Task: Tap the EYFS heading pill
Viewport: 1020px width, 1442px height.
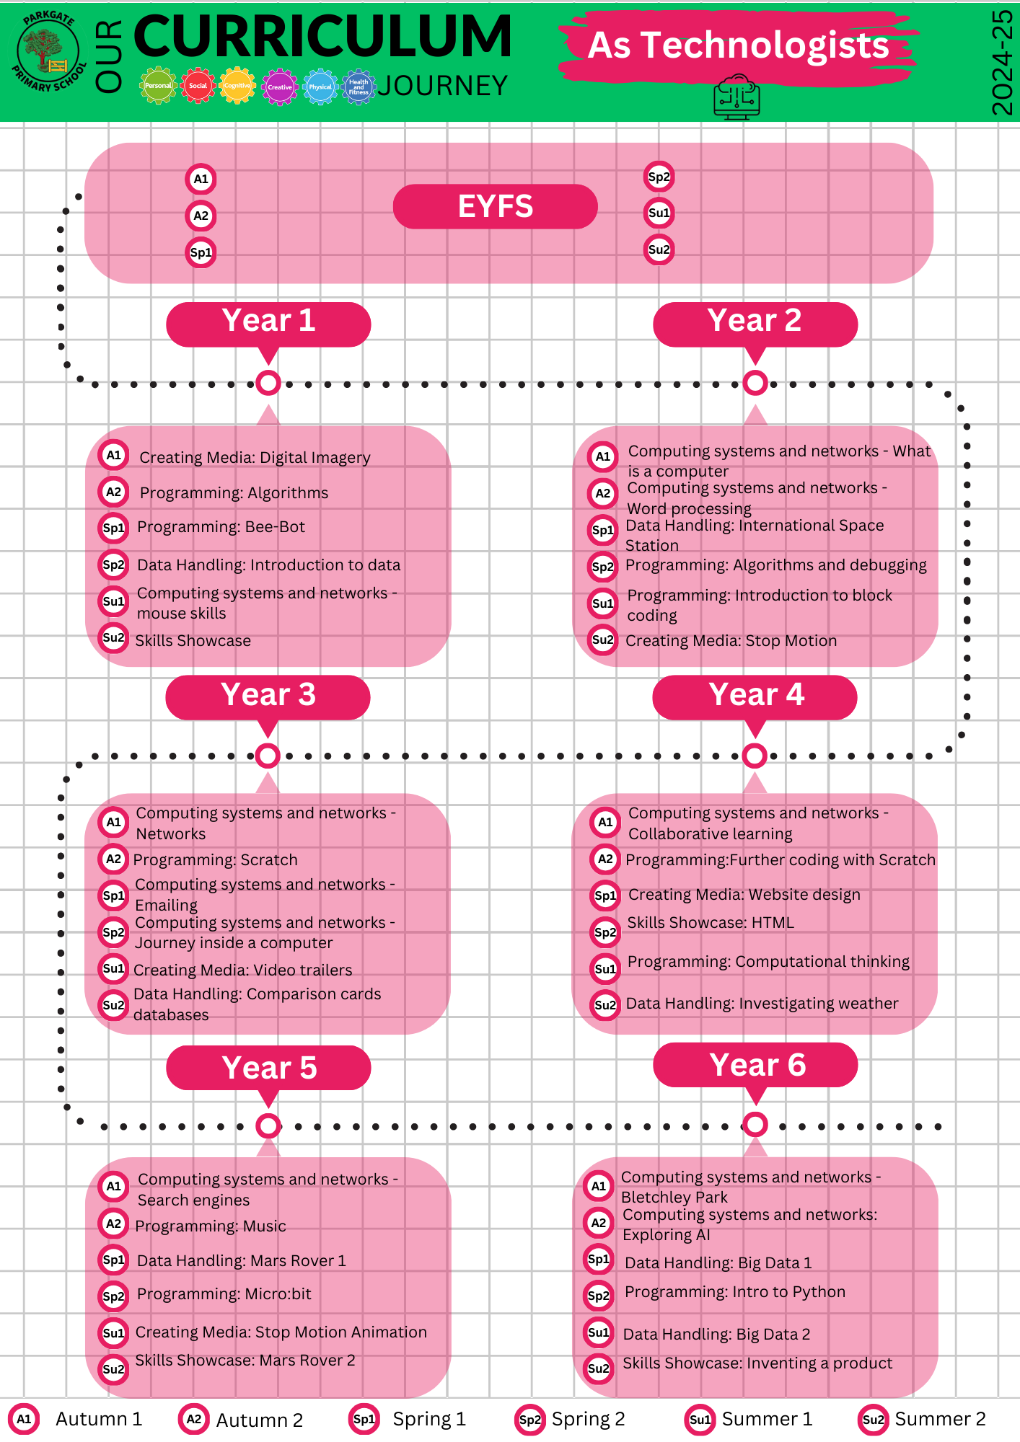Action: [x=495, y=206]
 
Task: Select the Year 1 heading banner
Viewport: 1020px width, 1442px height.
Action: [x=268, y=324]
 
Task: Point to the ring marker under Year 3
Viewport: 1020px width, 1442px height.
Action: [x=268, y=756]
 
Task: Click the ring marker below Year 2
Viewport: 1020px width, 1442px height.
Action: [x=755, y=383]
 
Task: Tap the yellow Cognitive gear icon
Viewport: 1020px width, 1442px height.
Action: [x=237, y=86]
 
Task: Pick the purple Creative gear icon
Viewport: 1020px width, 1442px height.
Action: [x=279, y=87]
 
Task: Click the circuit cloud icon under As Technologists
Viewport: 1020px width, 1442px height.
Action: [x=737, y=97]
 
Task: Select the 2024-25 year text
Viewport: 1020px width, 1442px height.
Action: [x=1002, y=63]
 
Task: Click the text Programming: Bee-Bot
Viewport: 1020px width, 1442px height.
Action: [x=221, y=527]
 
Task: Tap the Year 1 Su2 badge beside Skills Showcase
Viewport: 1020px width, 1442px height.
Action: [x=113, y=637]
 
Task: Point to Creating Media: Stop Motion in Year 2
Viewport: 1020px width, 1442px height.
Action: [x=731, y=641]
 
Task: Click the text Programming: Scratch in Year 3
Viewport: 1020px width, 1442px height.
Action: [x=215, y=859]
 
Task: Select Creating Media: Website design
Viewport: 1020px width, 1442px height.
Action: [x=744, y=895]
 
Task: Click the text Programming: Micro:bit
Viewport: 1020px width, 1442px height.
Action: [x=224, y=1294]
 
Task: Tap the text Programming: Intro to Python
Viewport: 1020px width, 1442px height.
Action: [x=734, y=1292]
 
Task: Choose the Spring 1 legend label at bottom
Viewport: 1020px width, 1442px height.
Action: [x=429, y=1419]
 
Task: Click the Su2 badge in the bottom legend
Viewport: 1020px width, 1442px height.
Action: [x=873, y=1420]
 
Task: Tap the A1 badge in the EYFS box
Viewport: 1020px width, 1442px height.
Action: [x=201, y=179]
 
